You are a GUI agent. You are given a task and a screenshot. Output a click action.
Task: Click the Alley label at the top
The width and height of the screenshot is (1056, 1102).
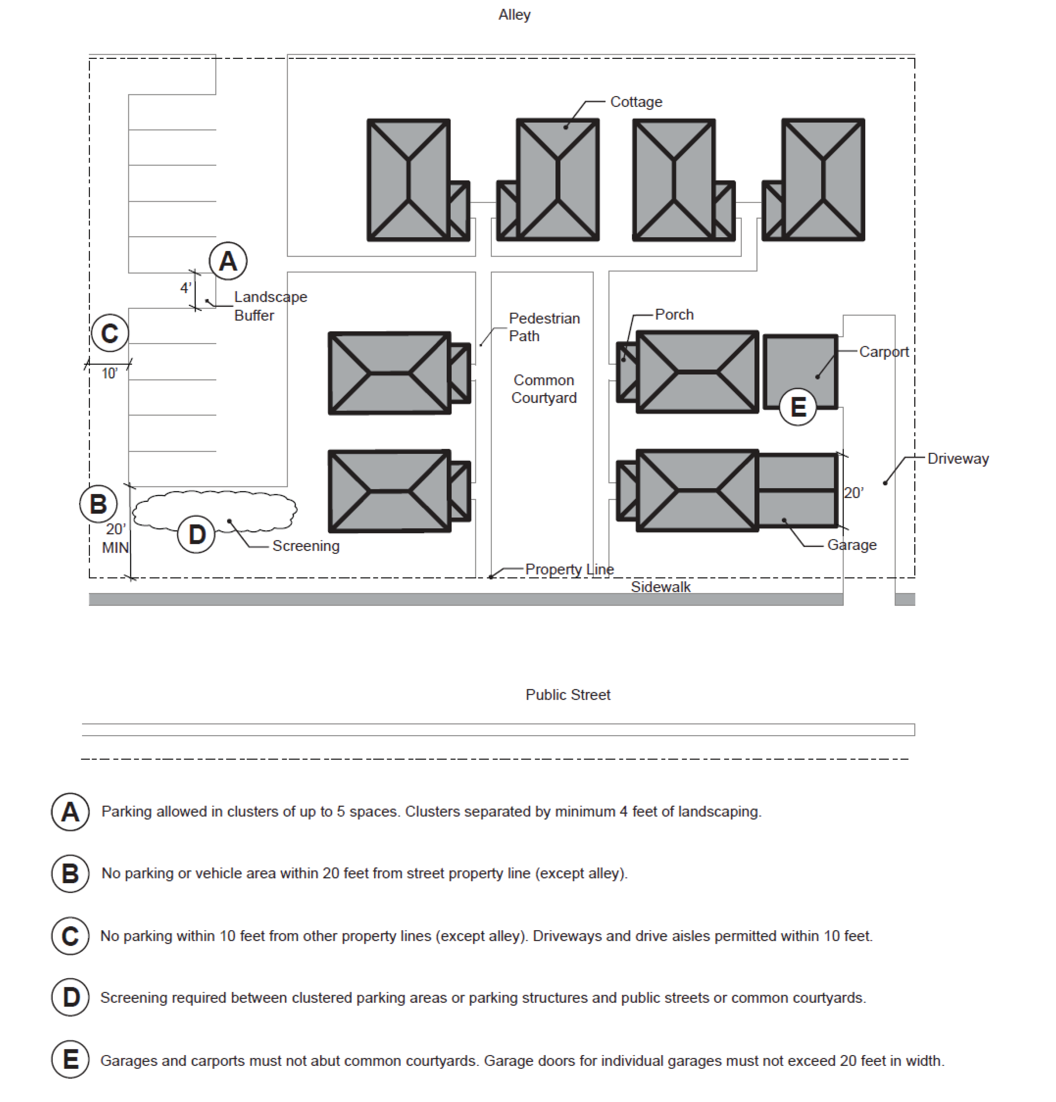click(514, 14)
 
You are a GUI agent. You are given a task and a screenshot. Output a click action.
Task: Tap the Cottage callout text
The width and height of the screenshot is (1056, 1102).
click(636, 102)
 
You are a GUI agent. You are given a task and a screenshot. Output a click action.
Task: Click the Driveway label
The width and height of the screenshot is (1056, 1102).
click(958, 459)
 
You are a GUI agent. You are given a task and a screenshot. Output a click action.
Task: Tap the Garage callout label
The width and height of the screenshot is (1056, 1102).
click(851, 545)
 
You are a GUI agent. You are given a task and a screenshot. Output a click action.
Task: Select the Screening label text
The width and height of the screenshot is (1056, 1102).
click(306, 546)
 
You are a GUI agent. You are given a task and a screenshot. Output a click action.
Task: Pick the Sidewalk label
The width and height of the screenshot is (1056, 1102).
click(660, 587)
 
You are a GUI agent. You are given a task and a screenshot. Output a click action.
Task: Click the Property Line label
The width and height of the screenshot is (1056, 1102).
click(569, 569)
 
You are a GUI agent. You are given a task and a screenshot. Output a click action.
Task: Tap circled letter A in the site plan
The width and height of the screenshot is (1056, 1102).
click(228, 261)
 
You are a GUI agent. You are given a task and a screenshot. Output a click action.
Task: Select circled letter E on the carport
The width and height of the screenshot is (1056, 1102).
click(798, 407)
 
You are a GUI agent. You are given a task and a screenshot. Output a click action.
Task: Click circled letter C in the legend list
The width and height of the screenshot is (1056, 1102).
click(70, 936)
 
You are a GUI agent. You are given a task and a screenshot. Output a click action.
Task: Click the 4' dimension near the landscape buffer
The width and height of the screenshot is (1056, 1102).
click(185, 288)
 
